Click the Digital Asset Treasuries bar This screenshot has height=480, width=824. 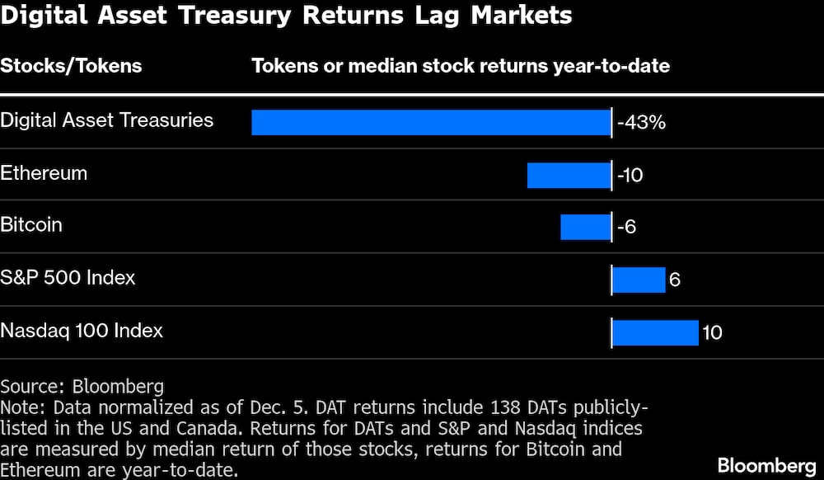[x=431, y=122]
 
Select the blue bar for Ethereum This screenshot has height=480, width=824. [x=569, y=175]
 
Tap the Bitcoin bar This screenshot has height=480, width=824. [x=585, y=227]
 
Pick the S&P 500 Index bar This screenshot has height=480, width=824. [x=639, y=280]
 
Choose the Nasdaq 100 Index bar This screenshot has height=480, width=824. [x=655, y=332]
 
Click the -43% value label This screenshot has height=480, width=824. [x=642, y=123]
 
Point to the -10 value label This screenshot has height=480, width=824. [x=630, y=175]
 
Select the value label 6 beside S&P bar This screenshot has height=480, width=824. [x=674, y=280]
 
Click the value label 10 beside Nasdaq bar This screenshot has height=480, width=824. [x=712, y=332]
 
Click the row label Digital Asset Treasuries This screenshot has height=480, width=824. [x=106, y=120]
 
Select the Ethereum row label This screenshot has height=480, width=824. [x=44, y=173]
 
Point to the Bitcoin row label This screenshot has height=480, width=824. [x=31, y=224]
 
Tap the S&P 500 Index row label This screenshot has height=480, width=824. [x=68, y=277]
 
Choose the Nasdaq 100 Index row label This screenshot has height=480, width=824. [x=82, y=331]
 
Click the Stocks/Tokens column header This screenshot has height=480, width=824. [x=71, y=66]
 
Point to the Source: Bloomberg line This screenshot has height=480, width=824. [x=82, y=386]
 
